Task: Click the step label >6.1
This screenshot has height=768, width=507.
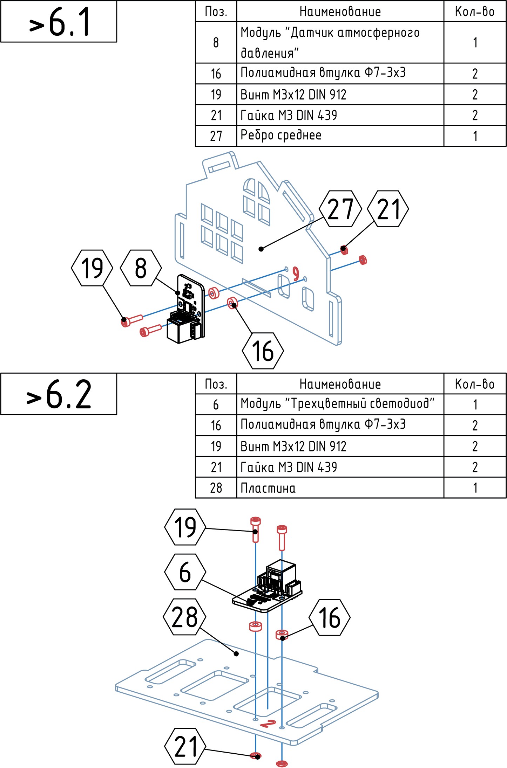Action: coord(59,22)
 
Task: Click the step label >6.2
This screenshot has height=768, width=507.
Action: coord(59,394)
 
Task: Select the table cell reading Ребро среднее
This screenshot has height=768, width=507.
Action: coord(340,136)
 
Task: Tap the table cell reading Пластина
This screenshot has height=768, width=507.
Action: coord(340,488)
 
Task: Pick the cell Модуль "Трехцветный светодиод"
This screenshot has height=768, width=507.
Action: coord(340,404)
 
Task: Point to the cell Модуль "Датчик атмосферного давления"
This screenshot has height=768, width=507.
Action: coord(340,42)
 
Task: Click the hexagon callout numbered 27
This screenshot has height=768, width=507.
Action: coord(340,209)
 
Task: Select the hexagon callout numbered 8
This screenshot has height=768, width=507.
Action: coord(141,268)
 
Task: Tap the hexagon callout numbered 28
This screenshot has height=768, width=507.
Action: coord(185,617)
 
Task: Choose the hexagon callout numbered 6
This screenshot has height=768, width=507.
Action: coord(185,572)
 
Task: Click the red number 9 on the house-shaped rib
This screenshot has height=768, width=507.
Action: coord(296,274)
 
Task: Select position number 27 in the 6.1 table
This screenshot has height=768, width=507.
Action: coord(216,136)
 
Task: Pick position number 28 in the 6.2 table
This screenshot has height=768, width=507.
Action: coord(216,488)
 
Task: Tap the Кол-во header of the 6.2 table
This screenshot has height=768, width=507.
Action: coord(475,384)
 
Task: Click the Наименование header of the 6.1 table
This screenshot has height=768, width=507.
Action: coord(340,12)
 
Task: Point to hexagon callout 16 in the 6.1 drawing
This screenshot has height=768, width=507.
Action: coord(263,351)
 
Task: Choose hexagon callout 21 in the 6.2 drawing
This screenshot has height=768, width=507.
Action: coord(185,746)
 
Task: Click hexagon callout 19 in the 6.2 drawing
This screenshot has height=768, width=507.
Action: coord(185,527)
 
